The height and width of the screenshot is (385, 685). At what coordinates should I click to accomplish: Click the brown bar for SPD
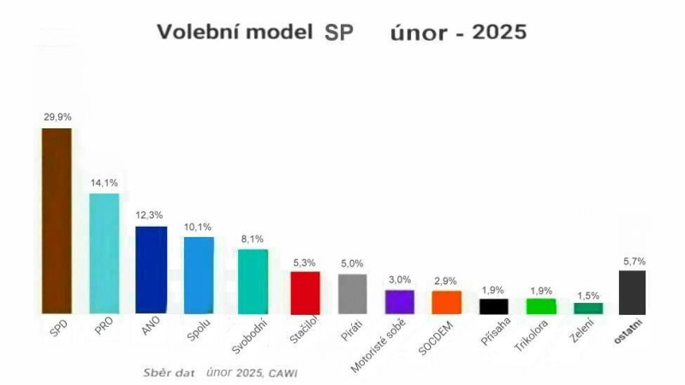(x=57, y=221)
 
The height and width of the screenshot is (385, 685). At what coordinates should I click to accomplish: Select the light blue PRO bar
(x=104, y=253)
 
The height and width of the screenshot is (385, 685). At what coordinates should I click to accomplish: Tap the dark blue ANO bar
(x=152, y=269)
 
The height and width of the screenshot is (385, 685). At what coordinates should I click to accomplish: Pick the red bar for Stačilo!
(x=305, y=293)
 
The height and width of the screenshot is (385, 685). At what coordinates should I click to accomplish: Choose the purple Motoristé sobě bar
(x=399, y=302)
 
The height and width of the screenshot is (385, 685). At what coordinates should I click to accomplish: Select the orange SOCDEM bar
(x=446, y=302)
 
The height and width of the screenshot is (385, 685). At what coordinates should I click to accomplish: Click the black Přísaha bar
(x=493, y=306)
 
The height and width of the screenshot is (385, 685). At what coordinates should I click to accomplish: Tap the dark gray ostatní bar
(x=632, y=292)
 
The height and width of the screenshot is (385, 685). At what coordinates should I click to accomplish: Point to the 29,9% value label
(x=57, y=117)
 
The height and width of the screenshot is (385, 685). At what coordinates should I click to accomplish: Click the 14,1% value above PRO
(x=104, y=183)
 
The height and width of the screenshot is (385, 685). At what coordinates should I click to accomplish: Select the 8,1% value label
(x=251, y=240)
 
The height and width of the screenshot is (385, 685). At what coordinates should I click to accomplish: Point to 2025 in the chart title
(x=497, y=32)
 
